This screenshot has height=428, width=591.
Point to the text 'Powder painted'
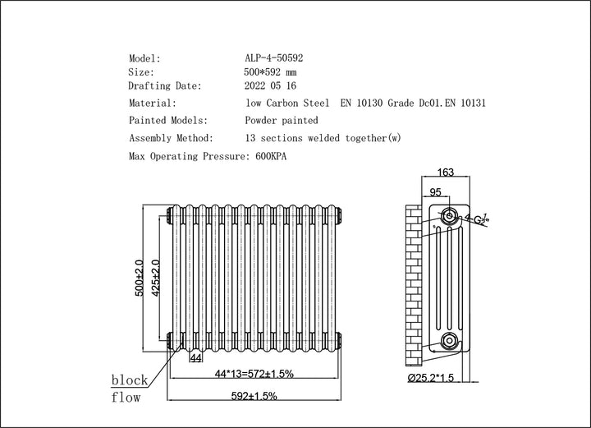click(282, 120)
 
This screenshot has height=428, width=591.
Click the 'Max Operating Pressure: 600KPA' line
click(211, 155)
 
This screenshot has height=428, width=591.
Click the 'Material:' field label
click(152, 104)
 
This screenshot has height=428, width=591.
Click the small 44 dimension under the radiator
click(196, 358)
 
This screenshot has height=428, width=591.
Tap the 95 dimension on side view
click(436, 192)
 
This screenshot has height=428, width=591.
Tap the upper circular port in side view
click(449, 217)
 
